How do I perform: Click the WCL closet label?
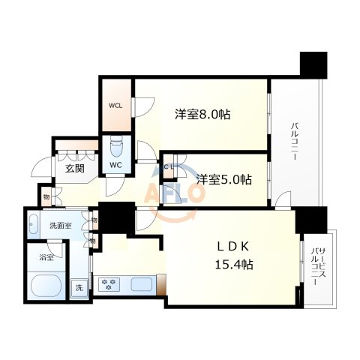click(x=115, y=106)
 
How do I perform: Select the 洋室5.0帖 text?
click(x=224, y=180)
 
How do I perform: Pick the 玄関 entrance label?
click(x=73, y=168)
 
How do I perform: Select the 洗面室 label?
click(x=60, y=225)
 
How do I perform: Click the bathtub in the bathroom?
click(x=44, y=286)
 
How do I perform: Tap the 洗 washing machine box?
click(x=79, y=287)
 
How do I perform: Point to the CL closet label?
click(x=170, y=166)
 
